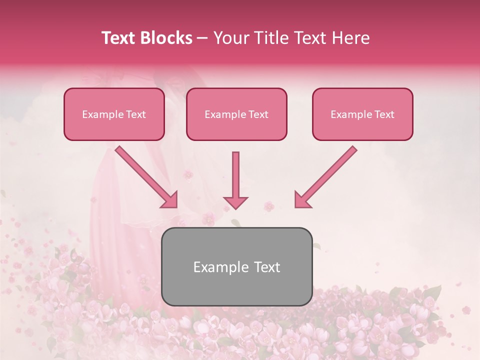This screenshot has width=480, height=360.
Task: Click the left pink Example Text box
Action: (114, 114)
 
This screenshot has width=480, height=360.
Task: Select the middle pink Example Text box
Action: (236, 114)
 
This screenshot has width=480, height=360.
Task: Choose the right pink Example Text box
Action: (362, 114)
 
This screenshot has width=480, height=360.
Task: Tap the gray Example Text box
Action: (237, 266)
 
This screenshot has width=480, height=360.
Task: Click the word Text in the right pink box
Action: (384, 114)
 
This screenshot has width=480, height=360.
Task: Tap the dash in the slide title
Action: (202, 38)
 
